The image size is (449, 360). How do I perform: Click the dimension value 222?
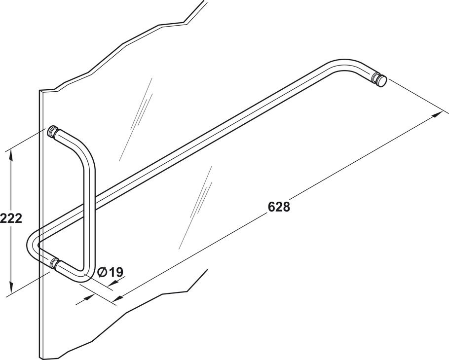tap(11, 218)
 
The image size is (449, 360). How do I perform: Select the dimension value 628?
tap(279, 207)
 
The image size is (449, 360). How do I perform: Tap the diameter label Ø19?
tap(111, 272)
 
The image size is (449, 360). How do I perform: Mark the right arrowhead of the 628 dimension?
tap(437, 114)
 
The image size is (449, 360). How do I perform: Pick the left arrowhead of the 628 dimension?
tap(119, 297)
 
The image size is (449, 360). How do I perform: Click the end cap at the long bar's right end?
tap(380, 80)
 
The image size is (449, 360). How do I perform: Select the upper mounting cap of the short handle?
tap(52, 132)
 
